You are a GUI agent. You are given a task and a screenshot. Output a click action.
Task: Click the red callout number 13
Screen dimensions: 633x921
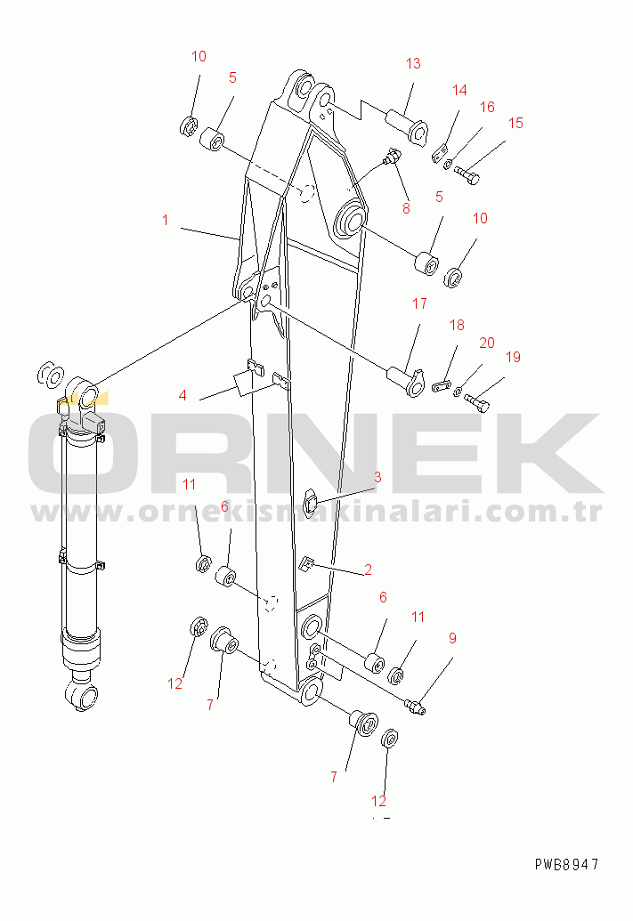413,63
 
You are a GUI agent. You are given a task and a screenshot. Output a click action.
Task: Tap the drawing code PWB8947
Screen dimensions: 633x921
566,864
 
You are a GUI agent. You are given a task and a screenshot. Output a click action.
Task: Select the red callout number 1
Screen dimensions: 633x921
166,220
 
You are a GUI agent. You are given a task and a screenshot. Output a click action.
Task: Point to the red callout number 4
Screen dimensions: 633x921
183,395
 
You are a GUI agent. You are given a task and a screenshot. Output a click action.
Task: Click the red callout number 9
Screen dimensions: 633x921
452,638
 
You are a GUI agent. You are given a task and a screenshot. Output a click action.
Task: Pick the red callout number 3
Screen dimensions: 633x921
377,477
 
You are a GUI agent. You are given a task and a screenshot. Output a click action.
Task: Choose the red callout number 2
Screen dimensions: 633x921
368,570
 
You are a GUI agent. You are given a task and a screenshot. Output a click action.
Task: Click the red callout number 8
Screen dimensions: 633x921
406,208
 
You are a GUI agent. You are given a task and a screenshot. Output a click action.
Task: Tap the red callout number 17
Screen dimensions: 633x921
419,303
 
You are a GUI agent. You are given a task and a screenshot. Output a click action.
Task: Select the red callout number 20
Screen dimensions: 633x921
487,343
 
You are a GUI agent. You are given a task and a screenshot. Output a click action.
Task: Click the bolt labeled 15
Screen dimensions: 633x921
467,174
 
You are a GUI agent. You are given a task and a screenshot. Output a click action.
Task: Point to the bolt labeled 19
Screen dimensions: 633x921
476,402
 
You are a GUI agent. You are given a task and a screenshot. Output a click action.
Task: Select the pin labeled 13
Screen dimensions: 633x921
406,123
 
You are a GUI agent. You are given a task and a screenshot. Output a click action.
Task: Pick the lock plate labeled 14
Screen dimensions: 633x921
440,152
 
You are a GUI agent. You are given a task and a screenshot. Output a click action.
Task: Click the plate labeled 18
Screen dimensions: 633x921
442,386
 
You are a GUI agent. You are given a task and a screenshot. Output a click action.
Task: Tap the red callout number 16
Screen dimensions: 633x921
487,107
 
